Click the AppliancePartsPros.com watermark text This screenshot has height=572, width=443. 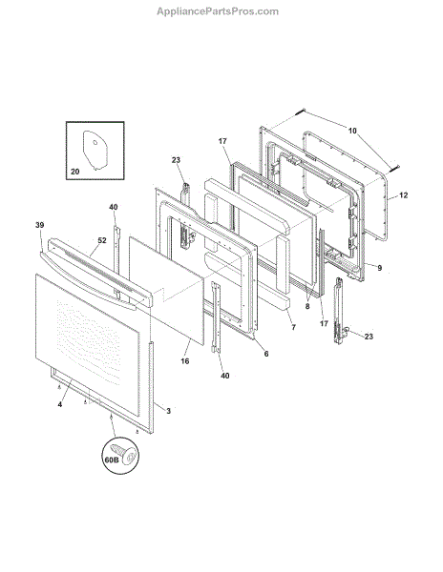pos(218,11)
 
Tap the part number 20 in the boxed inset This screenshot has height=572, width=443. pos(74,171)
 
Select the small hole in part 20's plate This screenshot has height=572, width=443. pos(95,142)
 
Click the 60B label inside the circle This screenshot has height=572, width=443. pos(112,460)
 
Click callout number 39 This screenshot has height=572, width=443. pos(40,225)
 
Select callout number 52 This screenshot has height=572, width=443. pos(102,240)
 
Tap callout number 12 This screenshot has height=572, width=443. pos(403,195)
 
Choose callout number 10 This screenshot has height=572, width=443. pos(352,131)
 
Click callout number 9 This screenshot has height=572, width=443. pos(380,268)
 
